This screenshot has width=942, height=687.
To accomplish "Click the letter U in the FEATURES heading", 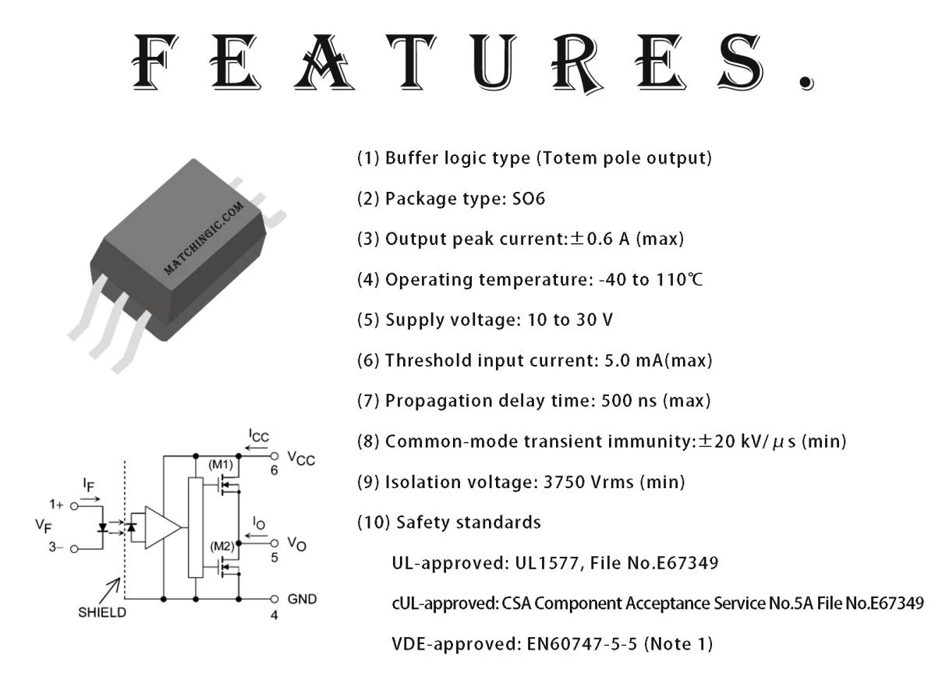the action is coord(493,62).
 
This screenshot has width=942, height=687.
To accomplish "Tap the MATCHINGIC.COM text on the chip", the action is coord(204,239).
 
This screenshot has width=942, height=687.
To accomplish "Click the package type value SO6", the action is coord(528,198).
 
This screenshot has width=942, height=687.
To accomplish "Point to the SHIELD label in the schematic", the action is coord(102,613).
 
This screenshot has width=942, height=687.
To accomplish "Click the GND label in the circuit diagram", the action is coord(302,599).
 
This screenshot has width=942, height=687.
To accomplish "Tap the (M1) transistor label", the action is coord(221,465).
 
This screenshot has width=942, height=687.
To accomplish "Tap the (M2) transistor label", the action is coord(222,546).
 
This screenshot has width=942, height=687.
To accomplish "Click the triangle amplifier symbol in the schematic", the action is coord(163,527).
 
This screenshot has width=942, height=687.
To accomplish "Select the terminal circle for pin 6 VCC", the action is coord(274,456).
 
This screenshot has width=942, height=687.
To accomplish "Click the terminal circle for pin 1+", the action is coord(74,506).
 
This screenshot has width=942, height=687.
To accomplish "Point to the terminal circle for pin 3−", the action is coord(74,549).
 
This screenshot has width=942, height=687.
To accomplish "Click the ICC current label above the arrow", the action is coord(259,436).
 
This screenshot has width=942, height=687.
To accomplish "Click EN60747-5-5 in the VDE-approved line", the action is coord(582,644).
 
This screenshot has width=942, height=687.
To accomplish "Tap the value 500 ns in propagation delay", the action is coord(629,401).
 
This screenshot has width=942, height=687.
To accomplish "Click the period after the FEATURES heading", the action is coord(806,83).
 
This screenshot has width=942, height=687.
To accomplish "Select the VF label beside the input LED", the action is coord(44,526).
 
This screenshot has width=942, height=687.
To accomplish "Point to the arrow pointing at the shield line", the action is coord(110,591).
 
